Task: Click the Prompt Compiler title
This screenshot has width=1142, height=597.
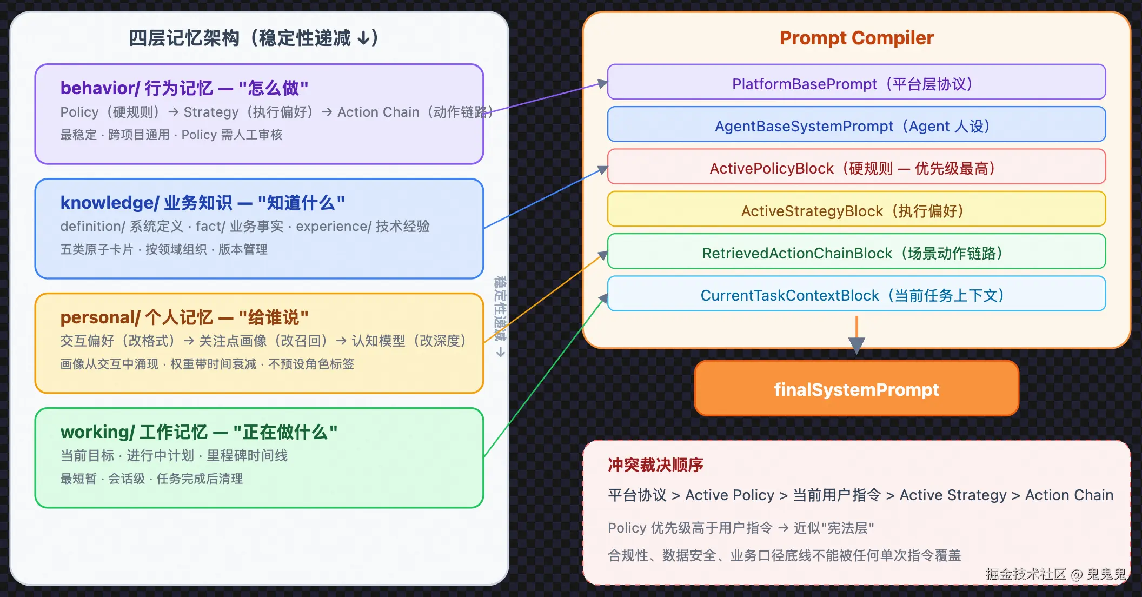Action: [x=857, y=38]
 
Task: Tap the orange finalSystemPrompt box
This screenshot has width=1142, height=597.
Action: [x=857, y=388]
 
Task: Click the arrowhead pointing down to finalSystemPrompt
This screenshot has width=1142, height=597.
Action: [x=857, y=346]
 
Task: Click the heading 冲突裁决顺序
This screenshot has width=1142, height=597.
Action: [x=655, y=465]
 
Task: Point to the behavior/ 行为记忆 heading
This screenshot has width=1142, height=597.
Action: [x=184, y=88]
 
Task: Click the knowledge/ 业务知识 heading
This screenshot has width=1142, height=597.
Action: [x=203, y=202]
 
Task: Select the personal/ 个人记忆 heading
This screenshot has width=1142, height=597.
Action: [x=184, y=317]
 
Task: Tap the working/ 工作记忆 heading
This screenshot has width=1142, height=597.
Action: [x=199, y=432]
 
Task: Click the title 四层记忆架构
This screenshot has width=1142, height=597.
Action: [x=184, y=38]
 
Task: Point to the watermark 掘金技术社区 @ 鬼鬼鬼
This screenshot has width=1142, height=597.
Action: [x=1056, y=574]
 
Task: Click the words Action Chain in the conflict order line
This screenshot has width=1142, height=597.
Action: [x=1069, y=495]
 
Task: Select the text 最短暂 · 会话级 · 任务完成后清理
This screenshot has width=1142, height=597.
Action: [x=151, y=479]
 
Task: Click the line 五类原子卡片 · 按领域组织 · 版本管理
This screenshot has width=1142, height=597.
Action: [x=164, y=249]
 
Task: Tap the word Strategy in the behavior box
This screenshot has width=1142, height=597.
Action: [x=211, y=112]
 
